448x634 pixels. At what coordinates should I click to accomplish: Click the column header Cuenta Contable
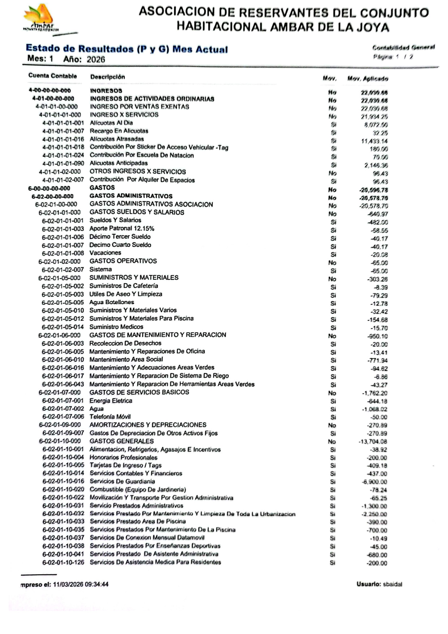point(52,76)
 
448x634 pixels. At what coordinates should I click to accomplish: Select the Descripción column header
point(107,77)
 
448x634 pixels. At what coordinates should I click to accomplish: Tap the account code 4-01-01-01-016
point(63,139)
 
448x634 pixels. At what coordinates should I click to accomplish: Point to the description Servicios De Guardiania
point(122,481)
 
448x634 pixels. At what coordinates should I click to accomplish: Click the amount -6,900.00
point(374,482)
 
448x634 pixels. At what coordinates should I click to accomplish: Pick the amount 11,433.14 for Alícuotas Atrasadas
point(374,141)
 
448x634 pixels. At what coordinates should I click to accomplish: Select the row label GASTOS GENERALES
point(121,441)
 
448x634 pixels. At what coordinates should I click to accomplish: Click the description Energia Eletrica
point(111,400)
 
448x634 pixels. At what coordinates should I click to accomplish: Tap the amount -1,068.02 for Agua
point(374,409)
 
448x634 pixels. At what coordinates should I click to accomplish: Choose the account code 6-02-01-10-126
point(63,562)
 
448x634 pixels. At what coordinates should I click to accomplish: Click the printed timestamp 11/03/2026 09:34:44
point(81,584)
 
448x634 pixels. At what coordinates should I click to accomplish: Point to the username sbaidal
point(392,584)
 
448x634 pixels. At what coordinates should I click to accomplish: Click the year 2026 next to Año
point(96,59)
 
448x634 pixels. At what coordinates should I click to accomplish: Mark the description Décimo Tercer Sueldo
point(120,236)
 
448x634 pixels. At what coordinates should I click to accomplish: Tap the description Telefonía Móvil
point(110,416)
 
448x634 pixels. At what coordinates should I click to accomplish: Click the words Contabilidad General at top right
point(403,47)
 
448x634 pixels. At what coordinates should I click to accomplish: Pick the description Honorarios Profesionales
point(123,457)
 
